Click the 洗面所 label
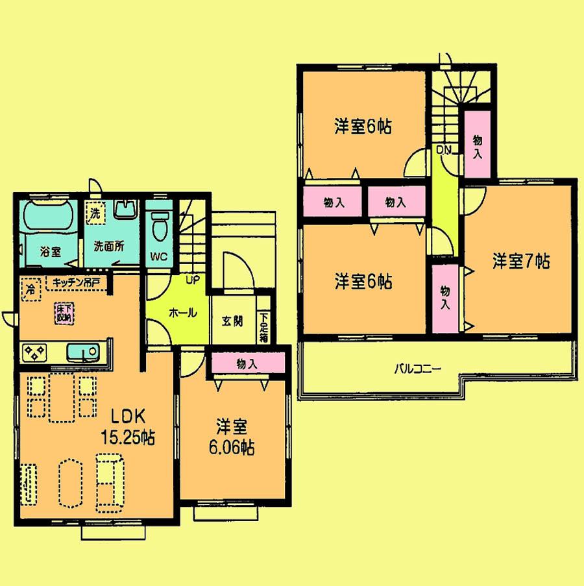tap(108, 247)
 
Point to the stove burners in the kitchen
tap(34, 352)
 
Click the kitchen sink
tap(82, 352)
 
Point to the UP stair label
tap(193, 280)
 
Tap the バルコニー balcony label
tap(418, 369)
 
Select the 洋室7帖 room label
tap(520, 261)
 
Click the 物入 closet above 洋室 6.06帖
tap(246, 364)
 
